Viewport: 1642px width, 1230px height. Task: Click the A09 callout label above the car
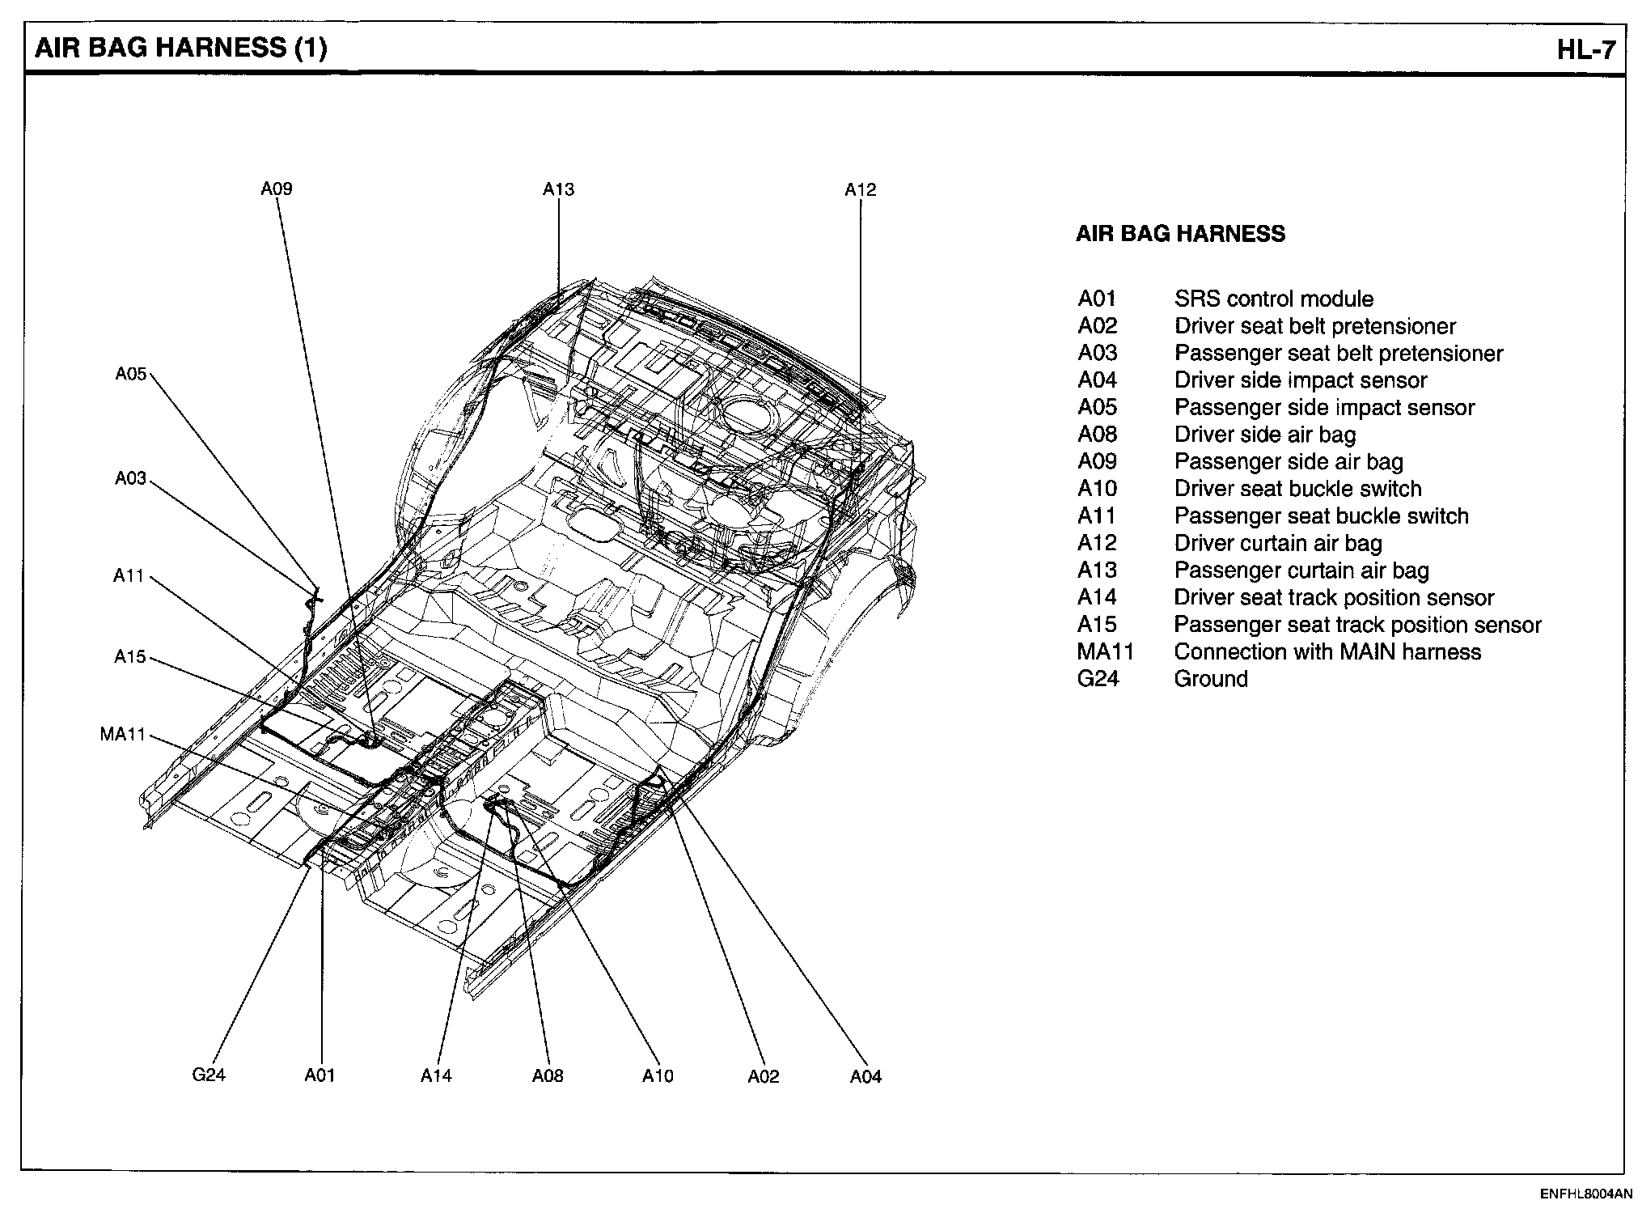(x=276, y=189)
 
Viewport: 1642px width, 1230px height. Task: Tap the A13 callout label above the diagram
(x=558, y=189)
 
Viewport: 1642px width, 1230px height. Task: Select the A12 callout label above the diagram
(x=860, y=190)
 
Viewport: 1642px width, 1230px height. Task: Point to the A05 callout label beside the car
(x=130, y=374)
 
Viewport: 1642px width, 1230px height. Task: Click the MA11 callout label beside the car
(x=122, y=735)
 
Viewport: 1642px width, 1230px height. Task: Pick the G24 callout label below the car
(x=209, y=1075)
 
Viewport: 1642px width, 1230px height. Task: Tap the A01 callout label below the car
(x=320, y=1075)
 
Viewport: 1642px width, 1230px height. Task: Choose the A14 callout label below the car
(x=436, y=1075)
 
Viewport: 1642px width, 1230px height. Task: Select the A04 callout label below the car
(x=865, y=1076)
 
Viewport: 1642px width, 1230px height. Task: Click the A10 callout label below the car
(x=658, y=1075)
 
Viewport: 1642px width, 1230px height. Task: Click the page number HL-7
(x=1586, y=50)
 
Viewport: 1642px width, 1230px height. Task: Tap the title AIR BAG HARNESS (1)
(x=181, y=49)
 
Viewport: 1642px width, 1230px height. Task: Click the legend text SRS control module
(x=1273, y=299)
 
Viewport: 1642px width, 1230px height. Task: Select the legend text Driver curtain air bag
(x=1278, y=543)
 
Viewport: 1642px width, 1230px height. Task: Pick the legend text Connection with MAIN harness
(x=1327, y=652)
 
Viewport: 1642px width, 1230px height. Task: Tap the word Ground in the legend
(x=1211, y=679)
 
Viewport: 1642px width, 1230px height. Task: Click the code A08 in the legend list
(x=1097, y=435)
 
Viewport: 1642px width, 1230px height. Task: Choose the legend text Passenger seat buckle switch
(x=1321, y=516)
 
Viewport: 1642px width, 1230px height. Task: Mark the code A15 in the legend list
(x=1097, y=625)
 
